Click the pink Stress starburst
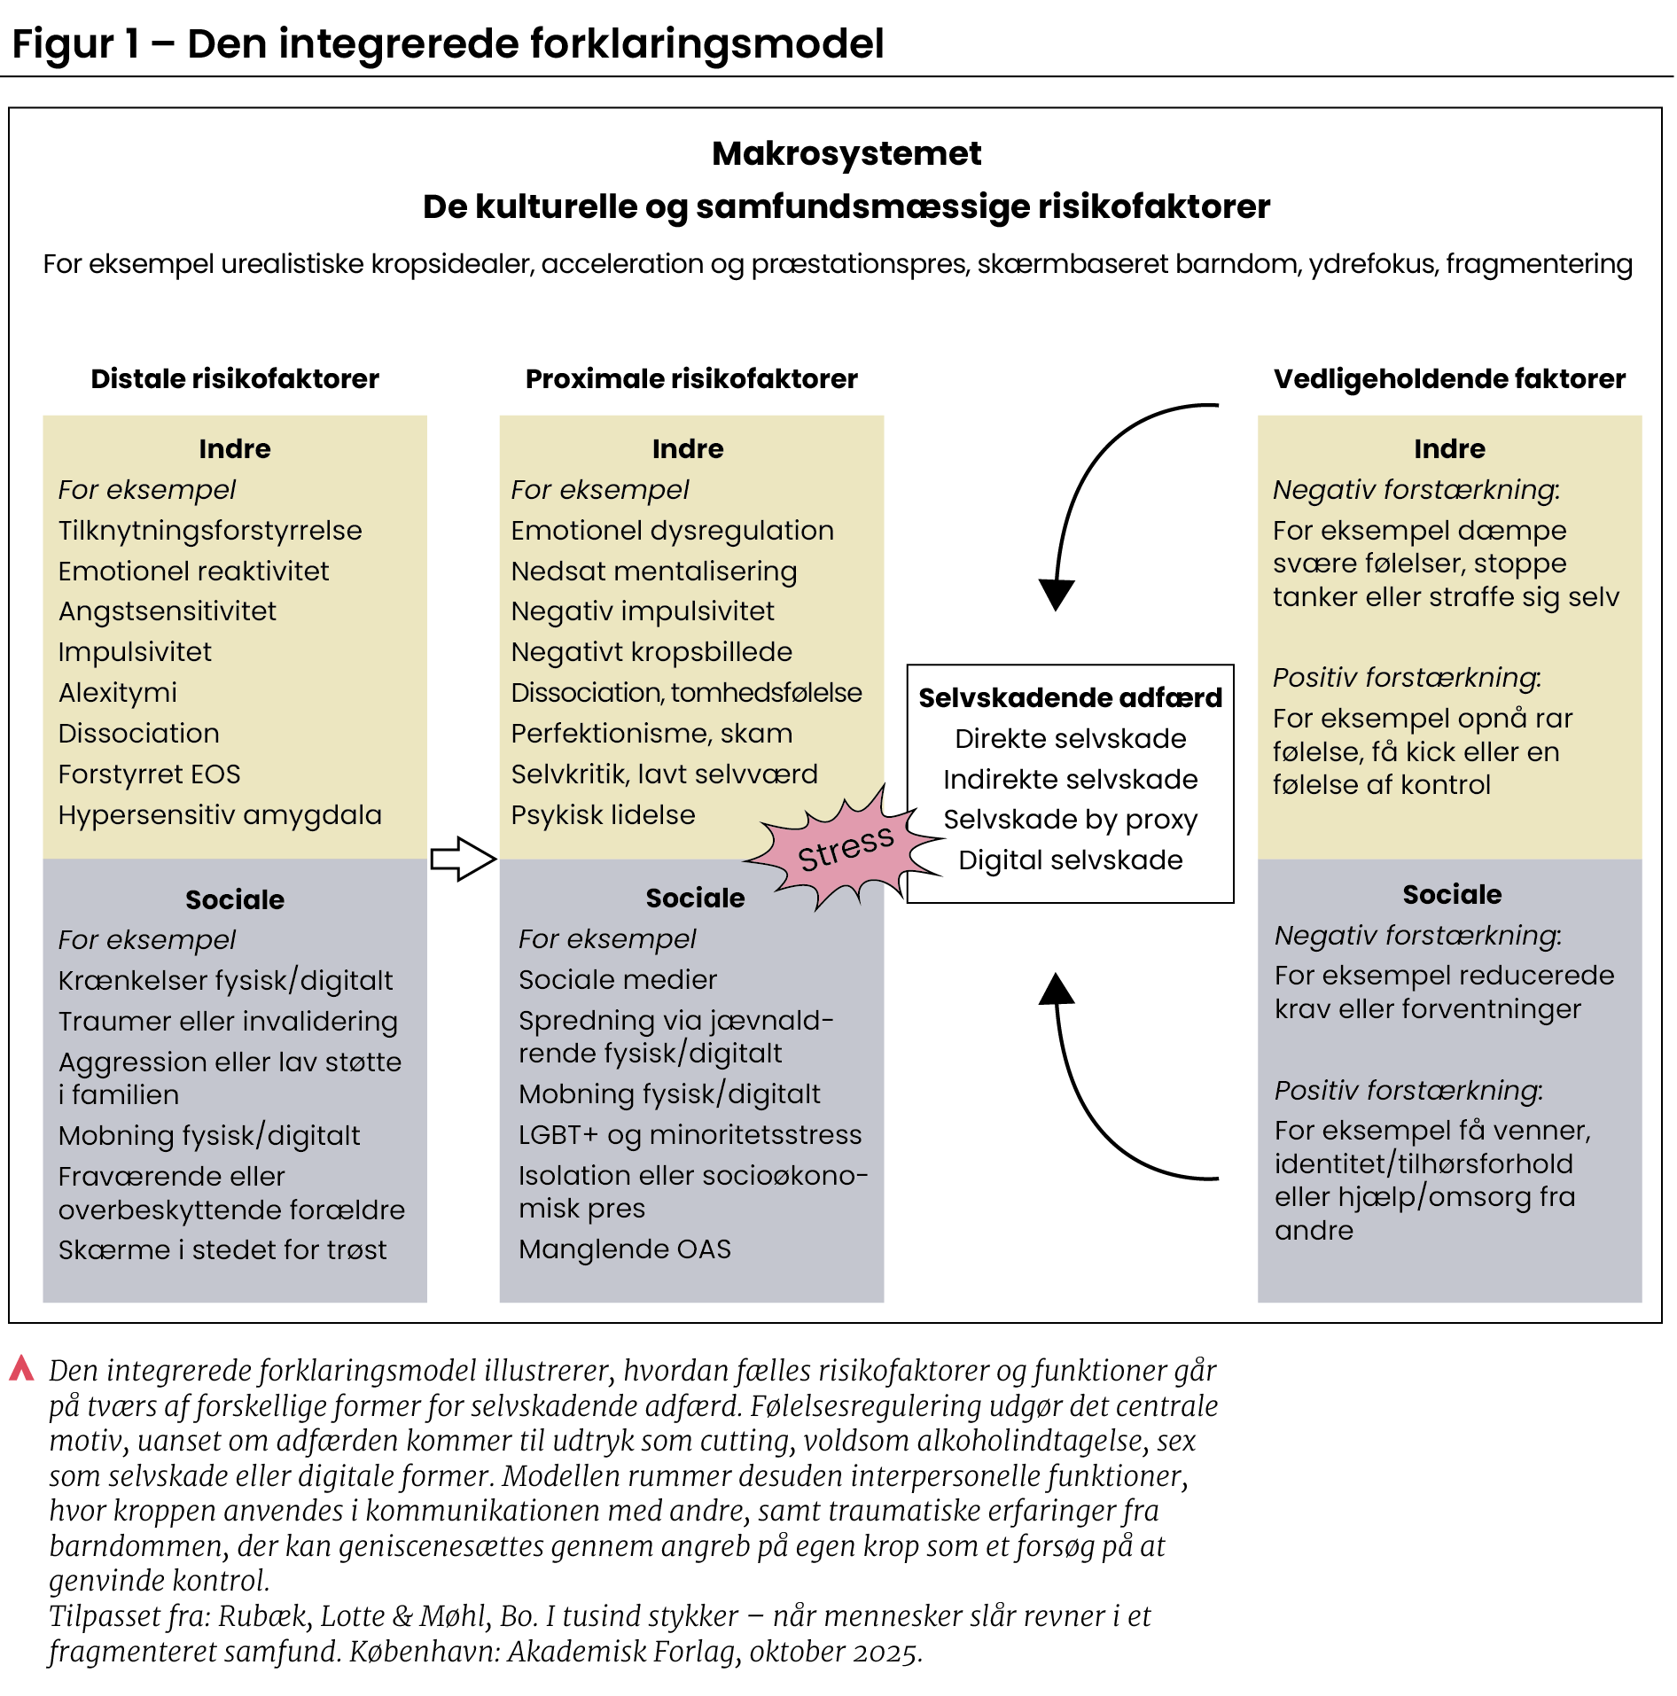[842, 850]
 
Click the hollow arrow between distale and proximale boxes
[462, 859]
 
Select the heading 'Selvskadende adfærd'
[1070, 698]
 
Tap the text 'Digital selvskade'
[1070, 860]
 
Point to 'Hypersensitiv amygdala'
[220, 815]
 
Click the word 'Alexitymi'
[118, 693]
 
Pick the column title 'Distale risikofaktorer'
[235, 379]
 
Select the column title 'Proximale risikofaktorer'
[691, 379]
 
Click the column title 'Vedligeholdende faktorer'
[1449, 379]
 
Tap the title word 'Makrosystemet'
[846, 154]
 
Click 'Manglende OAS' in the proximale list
[625, 1249]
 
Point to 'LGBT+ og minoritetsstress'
[690, 1135]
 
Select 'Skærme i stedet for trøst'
[222, 1250]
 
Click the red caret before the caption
[21, 1369]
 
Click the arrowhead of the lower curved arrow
[1057, 989]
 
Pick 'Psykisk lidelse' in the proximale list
[603, 815]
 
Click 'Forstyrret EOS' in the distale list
[149, 774]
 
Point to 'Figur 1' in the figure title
[76, 44]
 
